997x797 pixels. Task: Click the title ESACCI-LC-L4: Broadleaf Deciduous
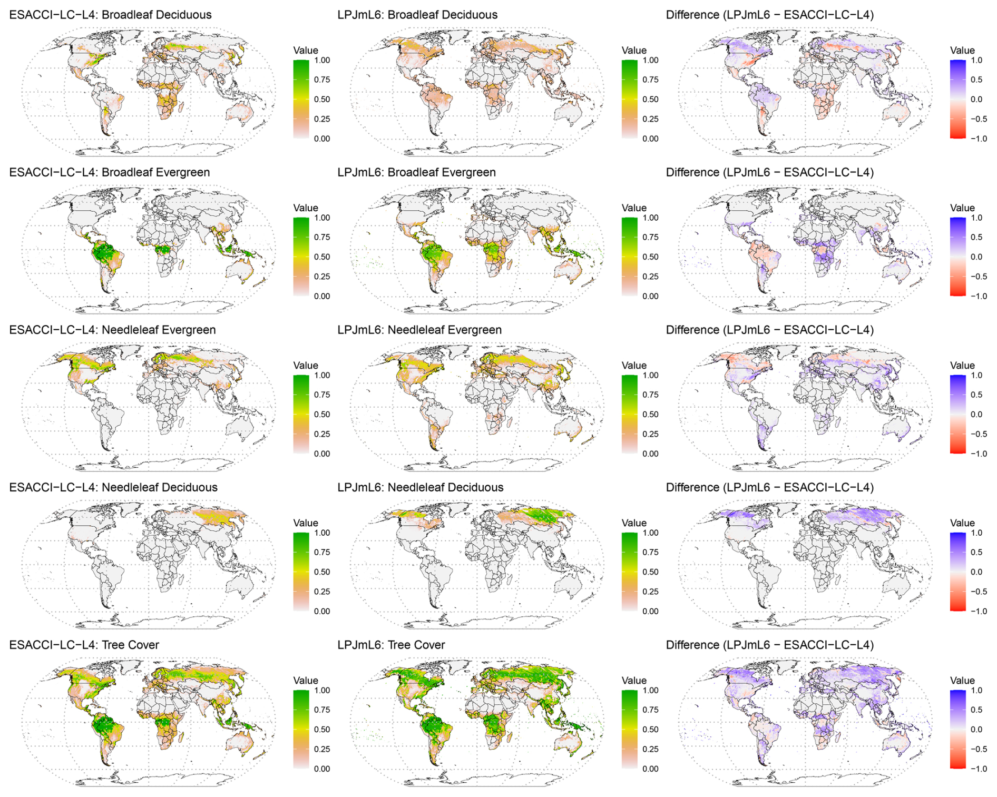click(x=111, y=15)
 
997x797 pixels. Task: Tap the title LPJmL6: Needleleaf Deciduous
click(x=421, y=487)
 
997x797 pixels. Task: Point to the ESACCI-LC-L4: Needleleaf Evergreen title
click(x=113, y=330)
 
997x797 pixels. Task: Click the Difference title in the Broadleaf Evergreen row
click(x=770, y=172)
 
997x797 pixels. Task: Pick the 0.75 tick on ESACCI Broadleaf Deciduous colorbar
click(x=322, y=80)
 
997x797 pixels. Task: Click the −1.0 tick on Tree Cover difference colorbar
click(x=979, y=769)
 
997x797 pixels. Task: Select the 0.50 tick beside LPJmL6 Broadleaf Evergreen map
click(x=650, y=257)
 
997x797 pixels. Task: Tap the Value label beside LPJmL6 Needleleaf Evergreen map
click(x=634, y=366)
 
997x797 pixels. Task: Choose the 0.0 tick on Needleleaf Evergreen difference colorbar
click(x=976, y=414)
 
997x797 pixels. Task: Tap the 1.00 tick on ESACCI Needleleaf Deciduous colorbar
click(x=322, y=533)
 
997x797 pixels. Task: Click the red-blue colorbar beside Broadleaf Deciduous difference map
click(x=957, y=99)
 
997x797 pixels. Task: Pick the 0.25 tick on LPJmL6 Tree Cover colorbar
click(x=650, y=749)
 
